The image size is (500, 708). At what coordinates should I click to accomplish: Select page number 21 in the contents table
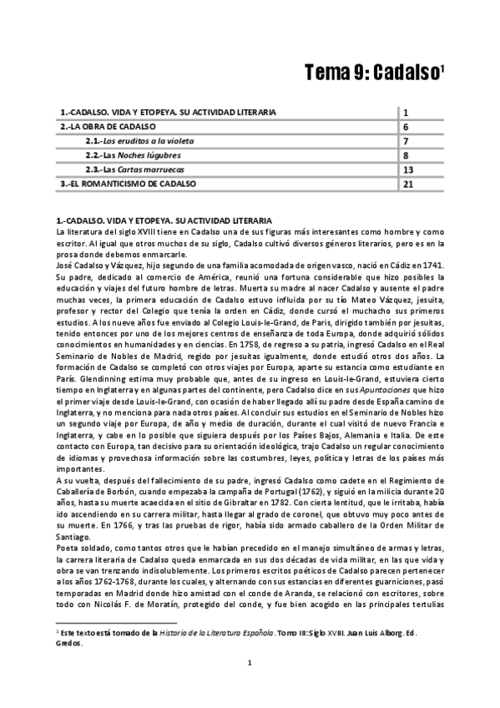pyautogui.click(x=407, y=183)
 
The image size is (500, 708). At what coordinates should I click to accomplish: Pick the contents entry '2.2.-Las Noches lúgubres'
pyautogui.click(x=131, y=155)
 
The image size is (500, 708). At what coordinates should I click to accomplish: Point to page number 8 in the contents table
pyautogui.click(x=405, y=155)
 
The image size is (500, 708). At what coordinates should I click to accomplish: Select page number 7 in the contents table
pyautogui.click(x=405, y=140)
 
